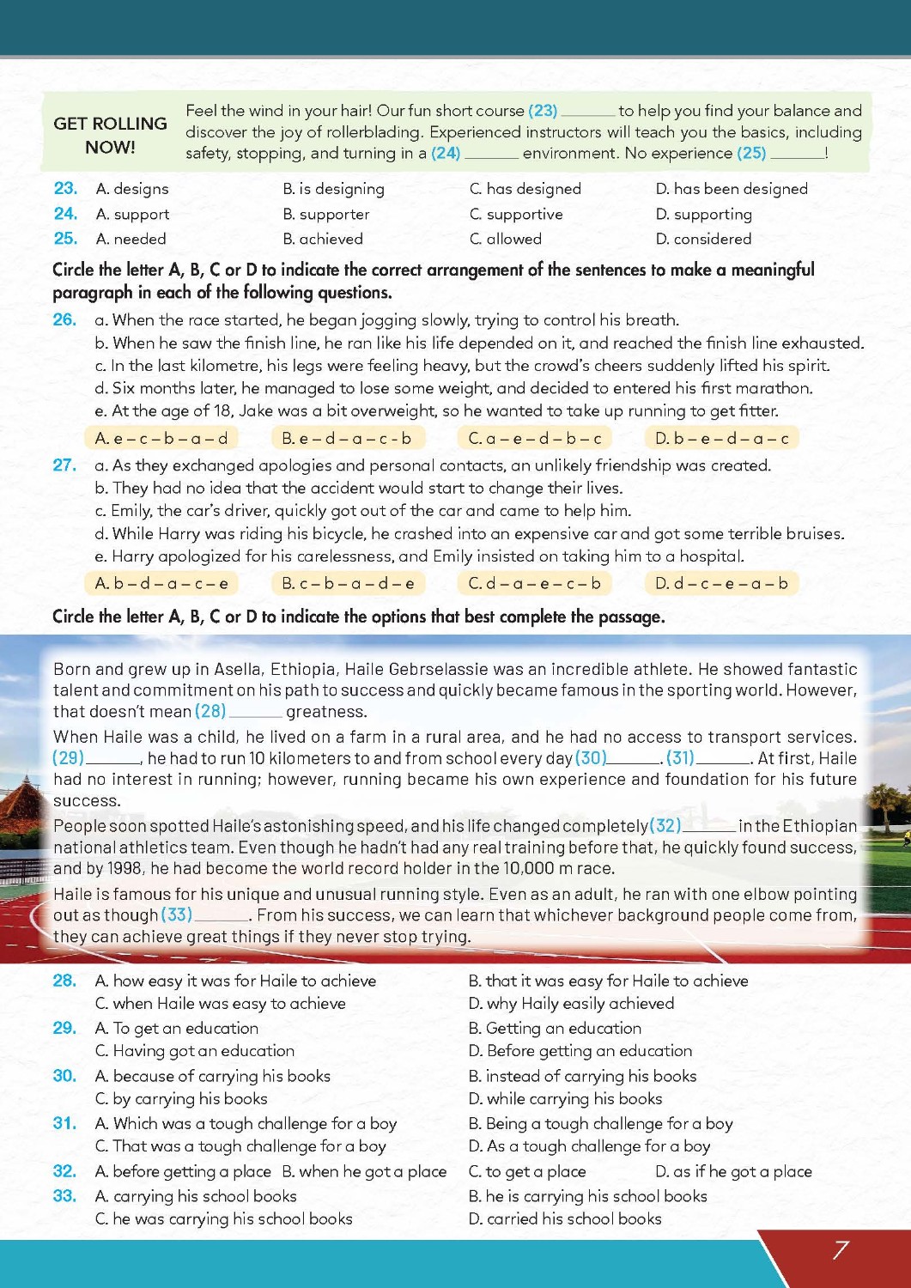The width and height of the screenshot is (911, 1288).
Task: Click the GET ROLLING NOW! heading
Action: coord(110,135)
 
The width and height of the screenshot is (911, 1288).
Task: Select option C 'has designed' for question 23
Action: coord(525,189)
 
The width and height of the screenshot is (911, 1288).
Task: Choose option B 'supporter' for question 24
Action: coord(326,214)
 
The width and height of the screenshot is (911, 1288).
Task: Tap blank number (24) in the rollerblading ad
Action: coord(446,154)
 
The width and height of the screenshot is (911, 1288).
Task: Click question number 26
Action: coord(64,320)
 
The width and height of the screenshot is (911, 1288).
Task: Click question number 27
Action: coord(64,465)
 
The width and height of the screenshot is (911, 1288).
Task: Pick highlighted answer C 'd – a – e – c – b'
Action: coord(534,584)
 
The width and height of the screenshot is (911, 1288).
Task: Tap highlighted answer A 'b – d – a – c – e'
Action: coord(161,584)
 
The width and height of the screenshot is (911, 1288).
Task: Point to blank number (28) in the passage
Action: coord(210,711)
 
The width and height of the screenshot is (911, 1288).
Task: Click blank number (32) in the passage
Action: coord(665,826)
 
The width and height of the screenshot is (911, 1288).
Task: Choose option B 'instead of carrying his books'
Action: coord(582,1076)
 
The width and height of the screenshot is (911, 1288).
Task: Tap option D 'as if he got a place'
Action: coord(733,1171)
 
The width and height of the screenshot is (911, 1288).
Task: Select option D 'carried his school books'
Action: coord(565,1218)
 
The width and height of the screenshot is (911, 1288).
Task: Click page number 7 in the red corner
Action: coord(841,1250)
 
